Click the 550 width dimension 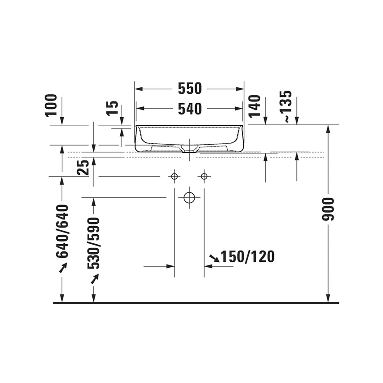click(x=190, y=88)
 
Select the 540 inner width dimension click(x=190, y=109)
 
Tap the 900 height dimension click(x=328, y=210)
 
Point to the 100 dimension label click(x=51, y=105)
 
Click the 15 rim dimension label click(x=113, y=108)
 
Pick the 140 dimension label click(x=254, y=106)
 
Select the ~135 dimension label click(x=286, y=106)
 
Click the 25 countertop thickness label click(x=83, y=168)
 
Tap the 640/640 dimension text click(x=62, y=231)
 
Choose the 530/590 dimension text click(x=93, y=243)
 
